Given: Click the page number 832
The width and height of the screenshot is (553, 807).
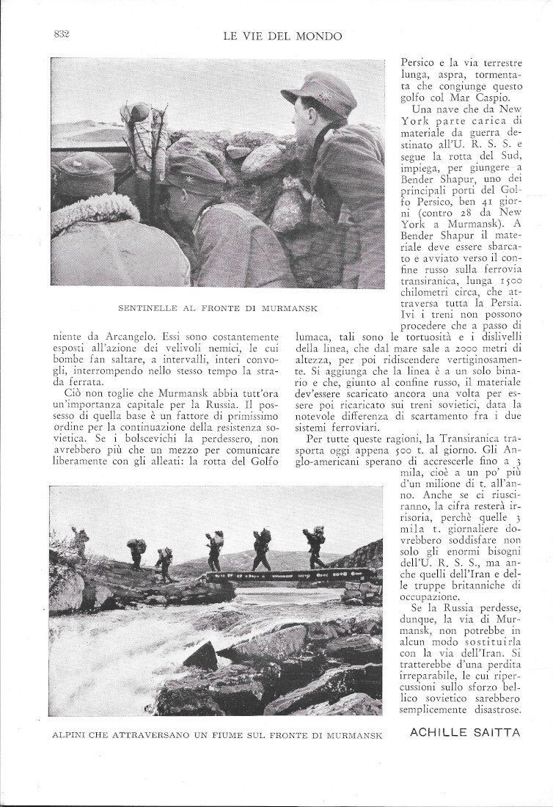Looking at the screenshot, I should pyautogui.click(x=61, y=34).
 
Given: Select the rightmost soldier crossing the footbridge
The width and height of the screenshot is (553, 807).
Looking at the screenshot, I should pyautogui.click(x=315, y=547).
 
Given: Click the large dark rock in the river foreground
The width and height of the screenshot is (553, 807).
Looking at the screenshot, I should pyautogui.click(x=202, y=655).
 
